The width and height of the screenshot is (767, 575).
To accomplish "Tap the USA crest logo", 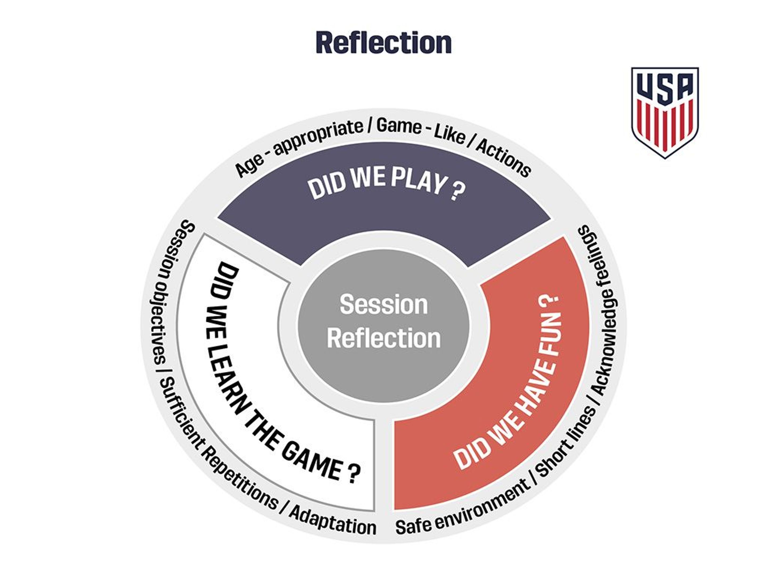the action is tap(665, 112).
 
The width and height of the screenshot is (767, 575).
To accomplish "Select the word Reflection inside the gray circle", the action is tap(383, 338).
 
